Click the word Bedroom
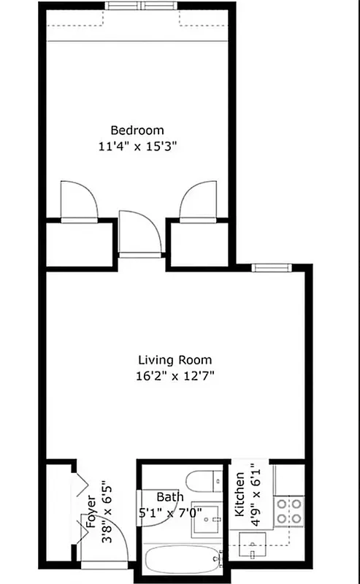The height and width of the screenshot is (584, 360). pyautogui.click(x=137, y=131)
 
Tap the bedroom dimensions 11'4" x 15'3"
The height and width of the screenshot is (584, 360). pyautogui.click(x=138, y=145)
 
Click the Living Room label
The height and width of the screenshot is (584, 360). pyautogui.click(x=175, y=360)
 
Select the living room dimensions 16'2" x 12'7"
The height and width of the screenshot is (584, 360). pyautogui.click(x=175, y=376)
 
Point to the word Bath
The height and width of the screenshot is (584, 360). pyautogui.click(x=169, y=497)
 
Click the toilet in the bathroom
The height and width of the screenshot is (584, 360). pyautogui.click(x=201, y=481)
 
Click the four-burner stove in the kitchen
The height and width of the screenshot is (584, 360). pyautogui.click(x=289, y=510)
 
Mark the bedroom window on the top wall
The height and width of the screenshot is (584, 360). pyautogui.click(x=140, y=6)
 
